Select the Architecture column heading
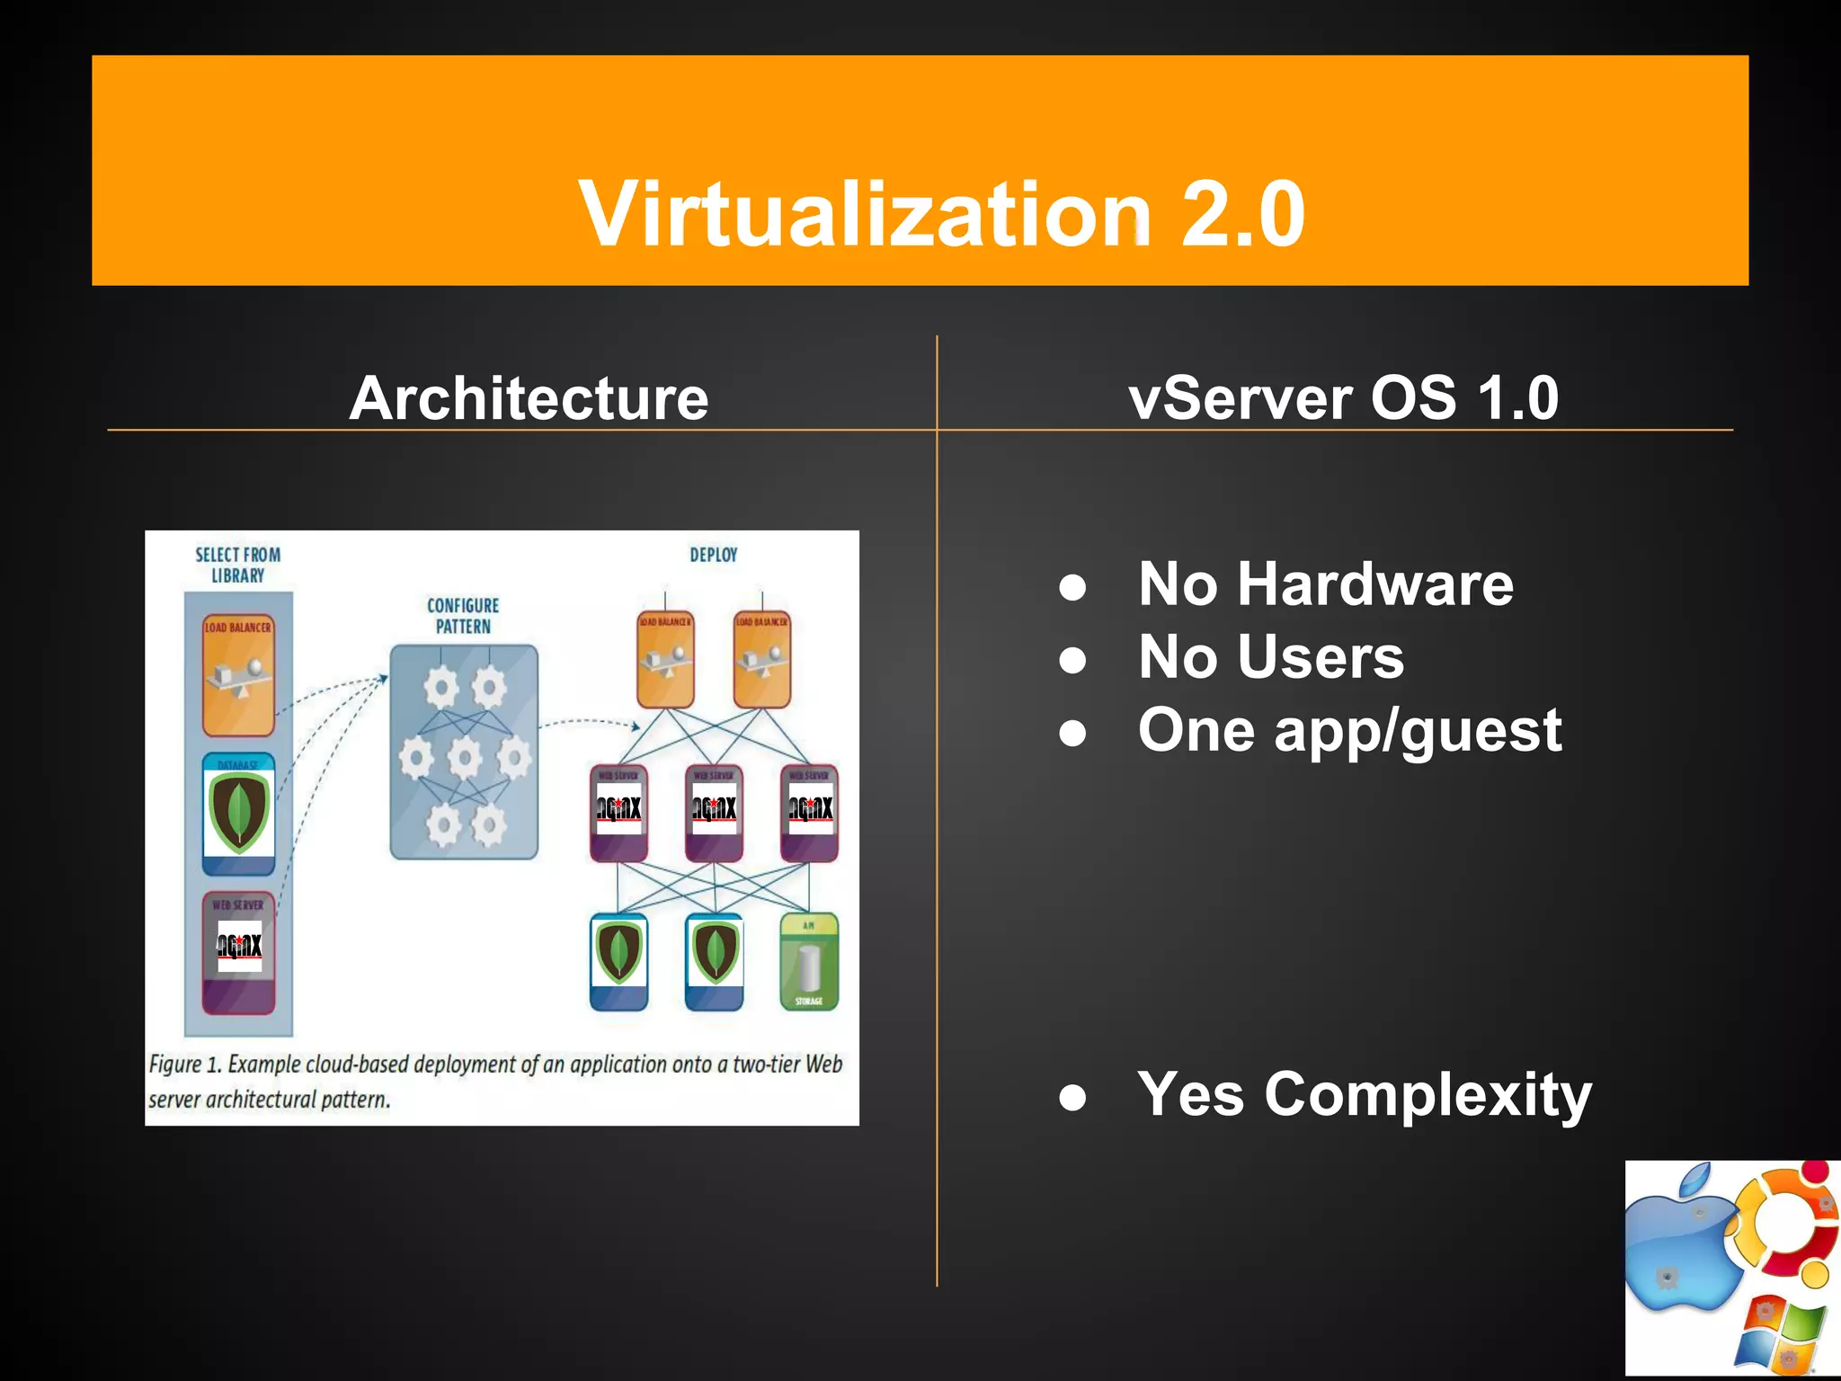[529, 397]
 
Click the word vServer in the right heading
[1241, 397]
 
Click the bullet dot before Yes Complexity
[1072, 1098]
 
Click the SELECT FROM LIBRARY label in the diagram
[238, 565]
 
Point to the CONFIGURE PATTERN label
[463, 616]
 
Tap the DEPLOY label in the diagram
[714, 555]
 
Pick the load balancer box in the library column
[238, 674]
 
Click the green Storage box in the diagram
[809, 961]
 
